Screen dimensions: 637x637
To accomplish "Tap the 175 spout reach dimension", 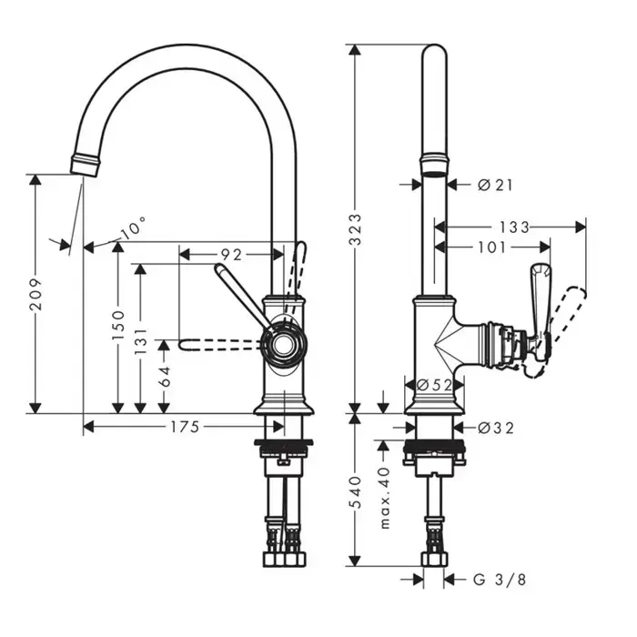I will [x=185, y=426].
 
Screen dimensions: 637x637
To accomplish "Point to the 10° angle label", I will [x=133, y=227].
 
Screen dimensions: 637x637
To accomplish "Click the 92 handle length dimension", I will [x=232, y=256].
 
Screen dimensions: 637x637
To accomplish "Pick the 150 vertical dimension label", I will [x=116, y=326].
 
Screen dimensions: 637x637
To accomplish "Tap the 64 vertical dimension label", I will [x=164, y=375].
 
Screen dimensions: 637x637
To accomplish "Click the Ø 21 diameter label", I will [x=496, y=184].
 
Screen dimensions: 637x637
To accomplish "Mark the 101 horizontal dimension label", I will [x=490, y=247].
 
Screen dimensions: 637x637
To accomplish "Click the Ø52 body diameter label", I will [x=434, y=385].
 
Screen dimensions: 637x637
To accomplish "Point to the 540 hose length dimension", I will [x=357, y=491].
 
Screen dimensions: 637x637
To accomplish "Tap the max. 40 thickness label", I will [x=385, y=499].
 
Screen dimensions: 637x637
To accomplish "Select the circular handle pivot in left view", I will [x=281, y=344].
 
